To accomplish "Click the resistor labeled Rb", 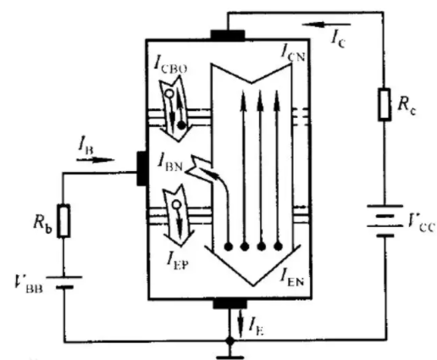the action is click(64, 221).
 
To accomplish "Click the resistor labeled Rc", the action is click(384, 104).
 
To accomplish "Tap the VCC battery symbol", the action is click(384, 221).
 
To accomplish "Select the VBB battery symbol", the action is click(64, 282).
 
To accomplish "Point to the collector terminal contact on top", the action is click(228, 36).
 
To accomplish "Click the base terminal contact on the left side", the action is click(142, 169).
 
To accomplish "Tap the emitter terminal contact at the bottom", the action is click(230, 304).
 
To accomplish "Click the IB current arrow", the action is click(96, 160).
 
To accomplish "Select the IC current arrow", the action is click(326, 25).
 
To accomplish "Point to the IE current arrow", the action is click(241, 324).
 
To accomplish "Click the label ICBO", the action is click(170, 65).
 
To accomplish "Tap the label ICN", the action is click(293, 53).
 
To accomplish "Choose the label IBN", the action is click(170, 164).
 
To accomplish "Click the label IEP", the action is click(177, 261).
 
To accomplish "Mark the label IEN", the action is click(292, 279).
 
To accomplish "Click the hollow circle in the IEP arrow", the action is click(176, 204).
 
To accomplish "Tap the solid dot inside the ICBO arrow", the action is click(181, 125).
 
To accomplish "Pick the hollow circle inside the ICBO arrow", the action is click(169, 93).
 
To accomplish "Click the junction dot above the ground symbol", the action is click(230, 341).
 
